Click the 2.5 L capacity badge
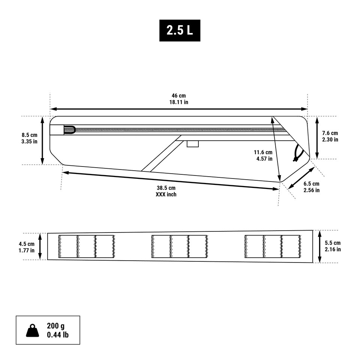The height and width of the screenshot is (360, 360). (180, 30)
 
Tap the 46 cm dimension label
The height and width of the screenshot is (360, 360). (178, 96)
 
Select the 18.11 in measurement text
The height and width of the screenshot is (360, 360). (178, 102)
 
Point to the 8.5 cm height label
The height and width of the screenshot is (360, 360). (29, 135)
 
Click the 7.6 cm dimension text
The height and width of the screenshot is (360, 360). (330, 133)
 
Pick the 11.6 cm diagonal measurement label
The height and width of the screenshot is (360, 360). (263, 152)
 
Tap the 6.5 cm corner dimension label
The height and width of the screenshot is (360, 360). (311, 184)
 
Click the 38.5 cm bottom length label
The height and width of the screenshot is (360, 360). (166, 188)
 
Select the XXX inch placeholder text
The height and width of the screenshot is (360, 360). (166, 195)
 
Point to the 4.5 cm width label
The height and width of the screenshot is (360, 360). (27, 244)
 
